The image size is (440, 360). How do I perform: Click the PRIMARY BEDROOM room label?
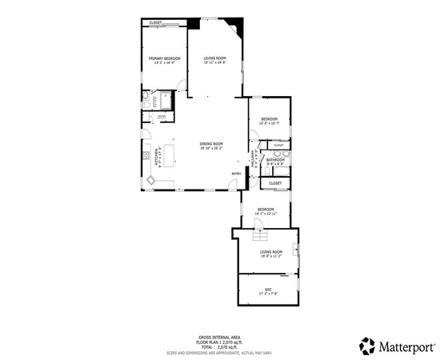[164, 59]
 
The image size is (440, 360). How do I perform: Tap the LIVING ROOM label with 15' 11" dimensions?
[214, 58]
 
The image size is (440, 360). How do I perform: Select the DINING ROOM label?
[211, 144]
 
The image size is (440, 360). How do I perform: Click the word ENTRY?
[236, 174]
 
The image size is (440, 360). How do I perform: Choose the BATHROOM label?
[276, 160]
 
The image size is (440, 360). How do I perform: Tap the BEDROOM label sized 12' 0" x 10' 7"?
[268, 119]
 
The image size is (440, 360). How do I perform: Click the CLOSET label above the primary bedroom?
[155, 22]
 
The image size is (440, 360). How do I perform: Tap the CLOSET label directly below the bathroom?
[274, 183]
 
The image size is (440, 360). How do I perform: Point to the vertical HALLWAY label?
[254, 158]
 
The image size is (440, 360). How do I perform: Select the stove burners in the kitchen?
[147, 155]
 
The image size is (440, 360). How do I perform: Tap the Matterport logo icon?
[367, 346]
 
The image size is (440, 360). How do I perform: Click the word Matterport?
[407, 346]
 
